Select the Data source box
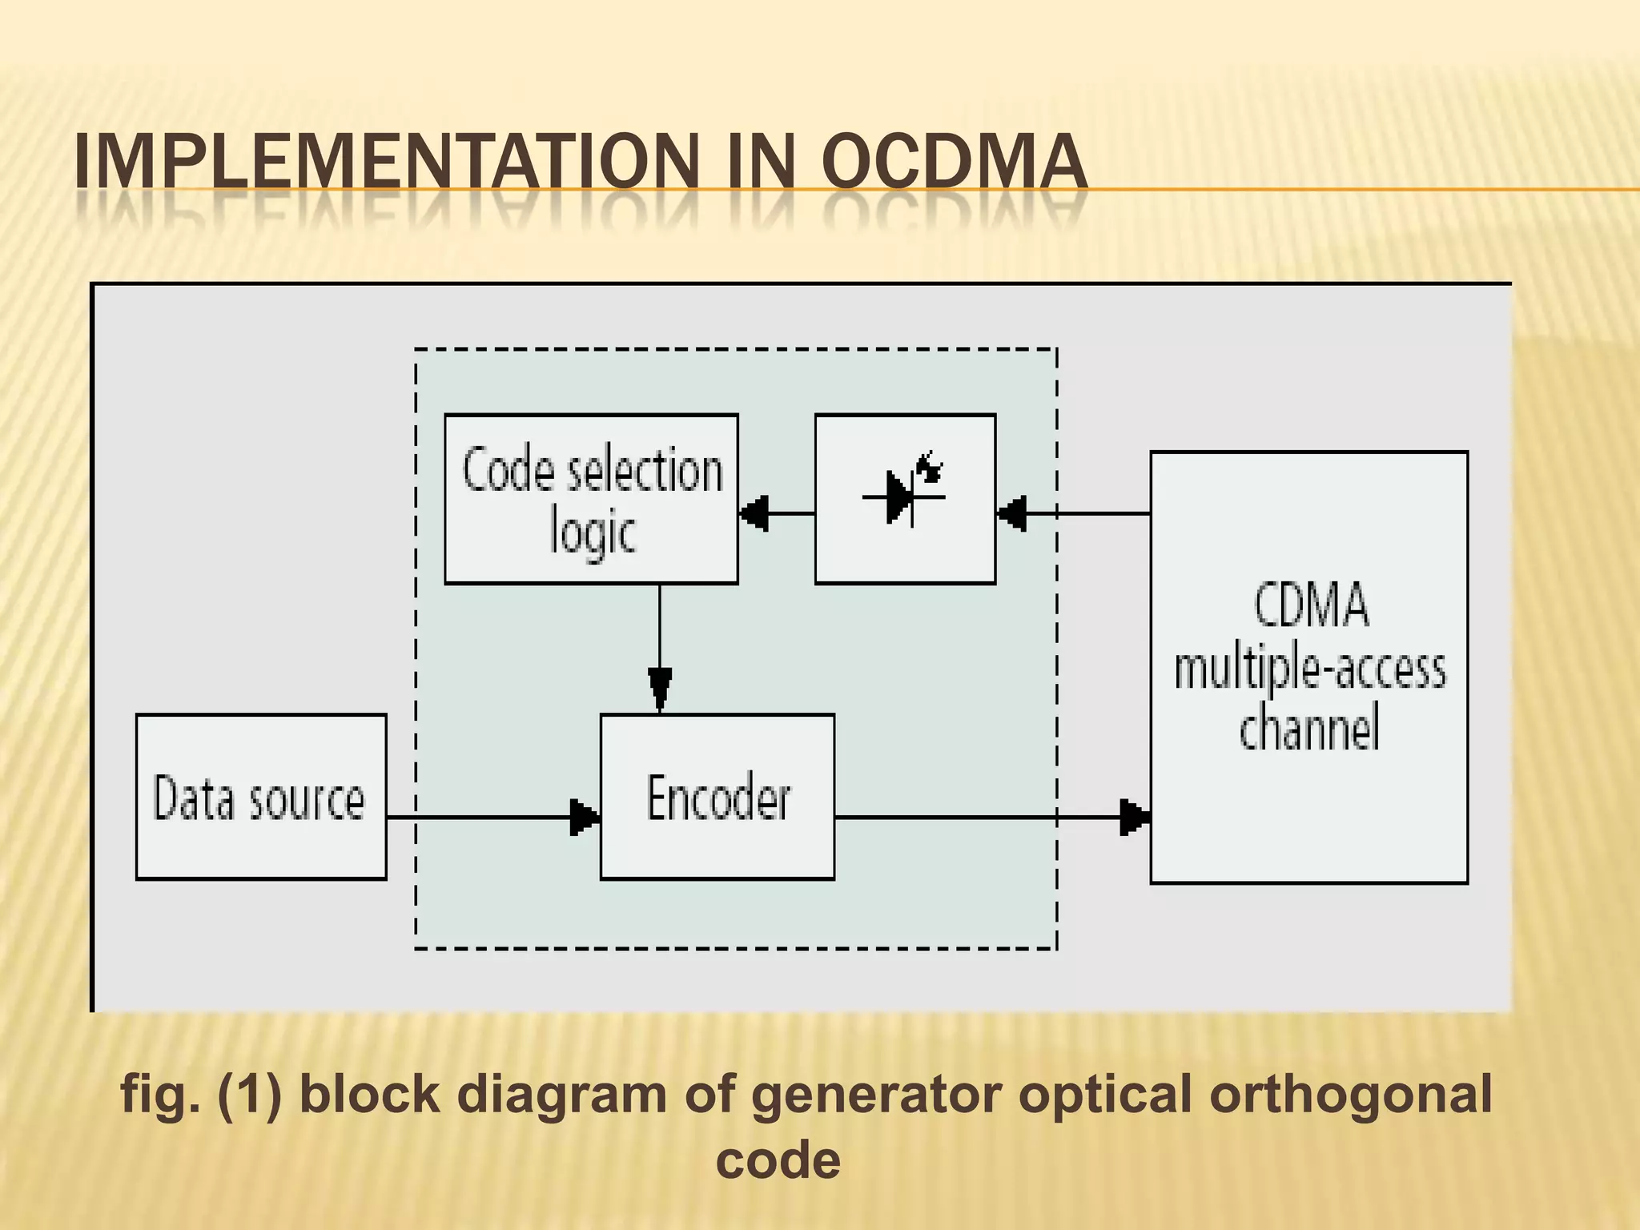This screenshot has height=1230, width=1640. (261, 797)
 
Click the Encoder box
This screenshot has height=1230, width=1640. (717, 797)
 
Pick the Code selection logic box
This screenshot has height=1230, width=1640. (591, 498)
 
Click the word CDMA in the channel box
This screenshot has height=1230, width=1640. (1310, 605)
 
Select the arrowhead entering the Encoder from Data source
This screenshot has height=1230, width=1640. (585, 817)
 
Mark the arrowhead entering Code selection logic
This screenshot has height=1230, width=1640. (754, 512)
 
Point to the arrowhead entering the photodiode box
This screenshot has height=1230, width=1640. (1012, 512)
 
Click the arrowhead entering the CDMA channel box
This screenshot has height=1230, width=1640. (1134, 817)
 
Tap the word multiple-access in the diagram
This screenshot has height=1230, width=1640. (1310, 668)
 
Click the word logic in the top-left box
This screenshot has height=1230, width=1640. (593, 532)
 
